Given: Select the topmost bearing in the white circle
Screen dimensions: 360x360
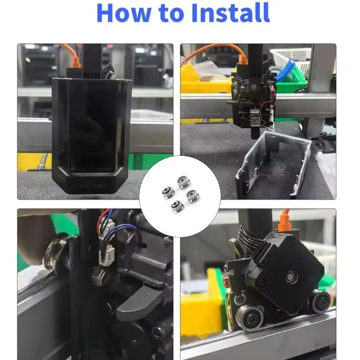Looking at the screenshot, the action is click(183, 182).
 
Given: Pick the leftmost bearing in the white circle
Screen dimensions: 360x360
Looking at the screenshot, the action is click(168, 193).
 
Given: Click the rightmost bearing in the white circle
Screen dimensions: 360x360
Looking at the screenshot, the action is click(193, 196).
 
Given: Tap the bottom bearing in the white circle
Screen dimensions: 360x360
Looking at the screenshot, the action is click(177, 206).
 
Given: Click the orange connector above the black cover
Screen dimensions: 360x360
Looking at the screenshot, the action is click(76, 62).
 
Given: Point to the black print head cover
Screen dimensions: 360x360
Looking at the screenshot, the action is click(92, 135).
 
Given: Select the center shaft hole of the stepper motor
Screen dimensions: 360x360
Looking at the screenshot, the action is click(291, 276).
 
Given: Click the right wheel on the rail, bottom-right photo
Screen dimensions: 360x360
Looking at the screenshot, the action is click(320, 301).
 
